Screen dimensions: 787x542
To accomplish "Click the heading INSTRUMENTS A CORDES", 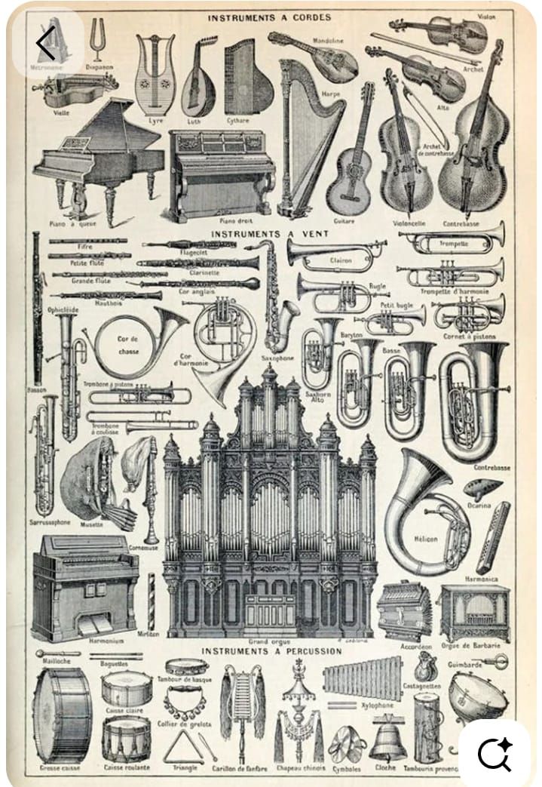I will pyautogui.click(x=271, y=17).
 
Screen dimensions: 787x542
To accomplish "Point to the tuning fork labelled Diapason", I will pyautogui.click(x=96, y=42).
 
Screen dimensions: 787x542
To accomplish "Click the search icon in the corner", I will pyautogui.click(x=495, y=752).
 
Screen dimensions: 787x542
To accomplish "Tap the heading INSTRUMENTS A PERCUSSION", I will pyautogui.click(x=271, y=650).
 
